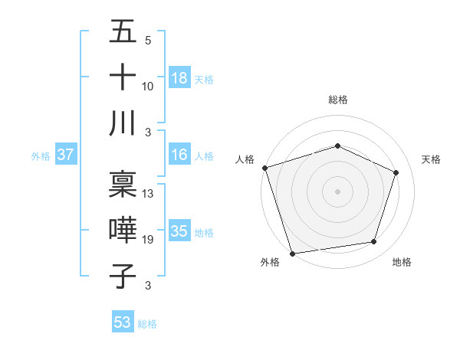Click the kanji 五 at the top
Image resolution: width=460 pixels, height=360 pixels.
pyautogui.click(x=123, y=32)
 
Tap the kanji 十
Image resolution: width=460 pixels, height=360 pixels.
pyautogui.click(x=123, y=77)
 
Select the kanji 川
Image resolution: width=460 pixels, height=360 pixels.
pyautogui.click(x=123, y=123)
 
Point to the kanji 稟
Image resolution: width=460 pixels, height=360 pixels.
pyautogui.click(x=123, y=185)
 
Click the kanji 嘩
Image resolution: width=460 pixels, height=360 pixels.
pyautogui.click(x=123, y=230)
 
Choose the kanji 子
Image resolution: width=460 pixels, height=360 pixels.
pyautogui.click(x=123, y=276)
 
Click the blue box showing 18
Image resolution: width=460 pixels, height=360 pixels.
pyautogui.click(x=179, y=78)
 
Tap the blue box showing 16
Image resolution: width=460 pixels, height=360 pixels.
pyautogui.click(x=179, y=155)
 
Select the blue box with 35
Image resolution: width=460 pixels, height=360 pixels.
pyautogui.click(x=179, y=231)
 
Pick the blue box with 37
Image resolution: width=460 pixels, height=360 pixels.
pyautogui.click(x=66, y=155)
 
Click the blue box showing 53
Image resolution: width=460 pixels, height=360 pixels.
pyautogui.click(x=123, y=322)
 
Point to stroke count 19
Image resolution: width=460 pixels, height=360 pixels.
pyautogui.click(x=148, y=240)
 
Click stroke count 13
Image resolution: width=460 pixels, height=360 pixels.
pyautogui.click(x=148, y=194)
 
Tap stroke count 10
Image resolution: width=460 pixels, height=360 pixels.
pyautogui.click(x=148, y=87)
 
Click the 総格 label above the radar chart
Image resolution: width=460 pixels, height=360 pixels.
pyautogui.click(x=337, y=100)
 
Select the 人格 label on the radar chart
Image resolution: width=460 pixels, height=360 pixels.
pyautogui.click(x=245, y=159)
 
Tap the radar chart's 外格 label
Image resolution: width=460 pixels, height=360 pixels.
pyautogui.click(x=270, y=262)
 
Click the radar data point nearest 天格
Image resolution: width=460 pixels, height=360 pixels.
pyautogui.click(x=396, y=172)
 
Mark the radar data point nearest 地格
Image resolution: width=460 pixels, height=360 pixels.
pyautogui.click(x=374, y=242)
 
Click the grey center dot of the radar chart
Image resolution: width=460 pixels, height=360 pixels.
pyautogui.click(x=337, y=191)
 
